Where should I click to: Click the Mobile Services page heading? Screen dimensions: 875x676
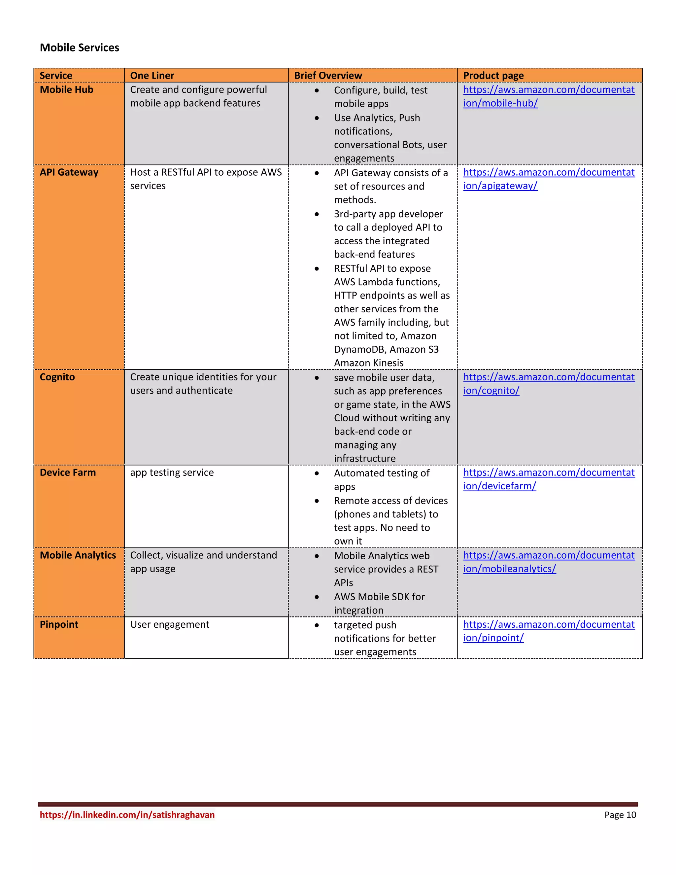tap(79, 48)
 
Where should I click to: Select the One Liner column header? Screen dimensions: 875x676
tap(152, 75)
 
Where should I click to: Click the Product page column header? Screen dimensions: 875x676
tap(493, 75)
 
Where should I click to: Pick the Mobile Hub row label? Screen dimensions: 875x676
tap(66, 90)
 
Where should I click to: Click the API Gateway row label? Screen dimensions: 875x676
tap(69, 172)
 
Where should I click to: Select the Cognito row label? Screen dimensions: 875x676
tap(57, 377)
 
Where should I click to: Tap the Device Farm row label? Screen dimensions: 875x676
tap(68, 472)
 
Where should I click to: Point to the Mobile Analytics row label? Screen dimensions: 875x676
tap(78, 555)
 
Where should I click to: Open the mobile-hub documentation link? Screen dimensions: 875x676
tap(548, 96)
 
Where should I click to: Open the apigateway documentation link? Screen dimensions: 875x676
tap(548, 179)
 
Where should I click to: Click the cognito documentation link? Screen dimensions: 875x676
tap(548, 383)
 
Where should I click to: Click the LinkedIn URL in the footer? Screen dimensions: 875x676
tap(127, 815)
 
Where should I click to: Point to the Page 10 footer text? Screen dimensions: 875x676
tap(620, 815)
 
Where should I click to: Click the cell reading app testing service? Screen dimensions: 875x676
tap(172, 472)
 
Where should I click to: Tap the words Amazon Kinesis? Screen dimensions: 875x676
tap(368, 363)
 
